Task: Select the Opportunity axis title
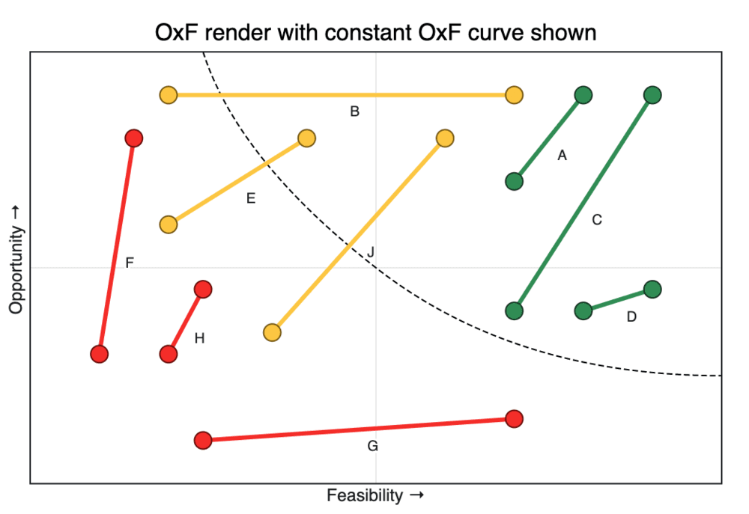point(16,260)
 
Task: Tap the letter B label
point(355,112)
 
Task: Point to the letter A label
point(562,156)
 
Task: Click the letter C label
point(597,220)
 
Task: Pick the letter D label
point(631,316)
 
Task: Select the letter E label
point(251,198)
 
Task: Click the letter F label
point(130,263)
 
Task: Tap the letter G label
point(373,447)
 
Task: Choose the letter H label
point(199,338)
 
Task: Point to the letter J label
point(370,252)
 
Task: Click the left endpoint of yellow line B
point(169,95)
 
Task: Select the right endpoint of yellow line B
point(514,95)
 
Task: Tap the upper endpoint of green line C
point(652,95)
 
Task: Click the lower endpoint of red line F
point(99,354)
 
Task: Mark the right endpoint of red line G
point(514,418)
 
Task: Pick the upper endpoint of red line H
point(203,289)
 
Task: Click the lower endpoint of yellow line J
point(273,332)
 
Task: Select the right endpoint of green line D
point(652,289)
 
